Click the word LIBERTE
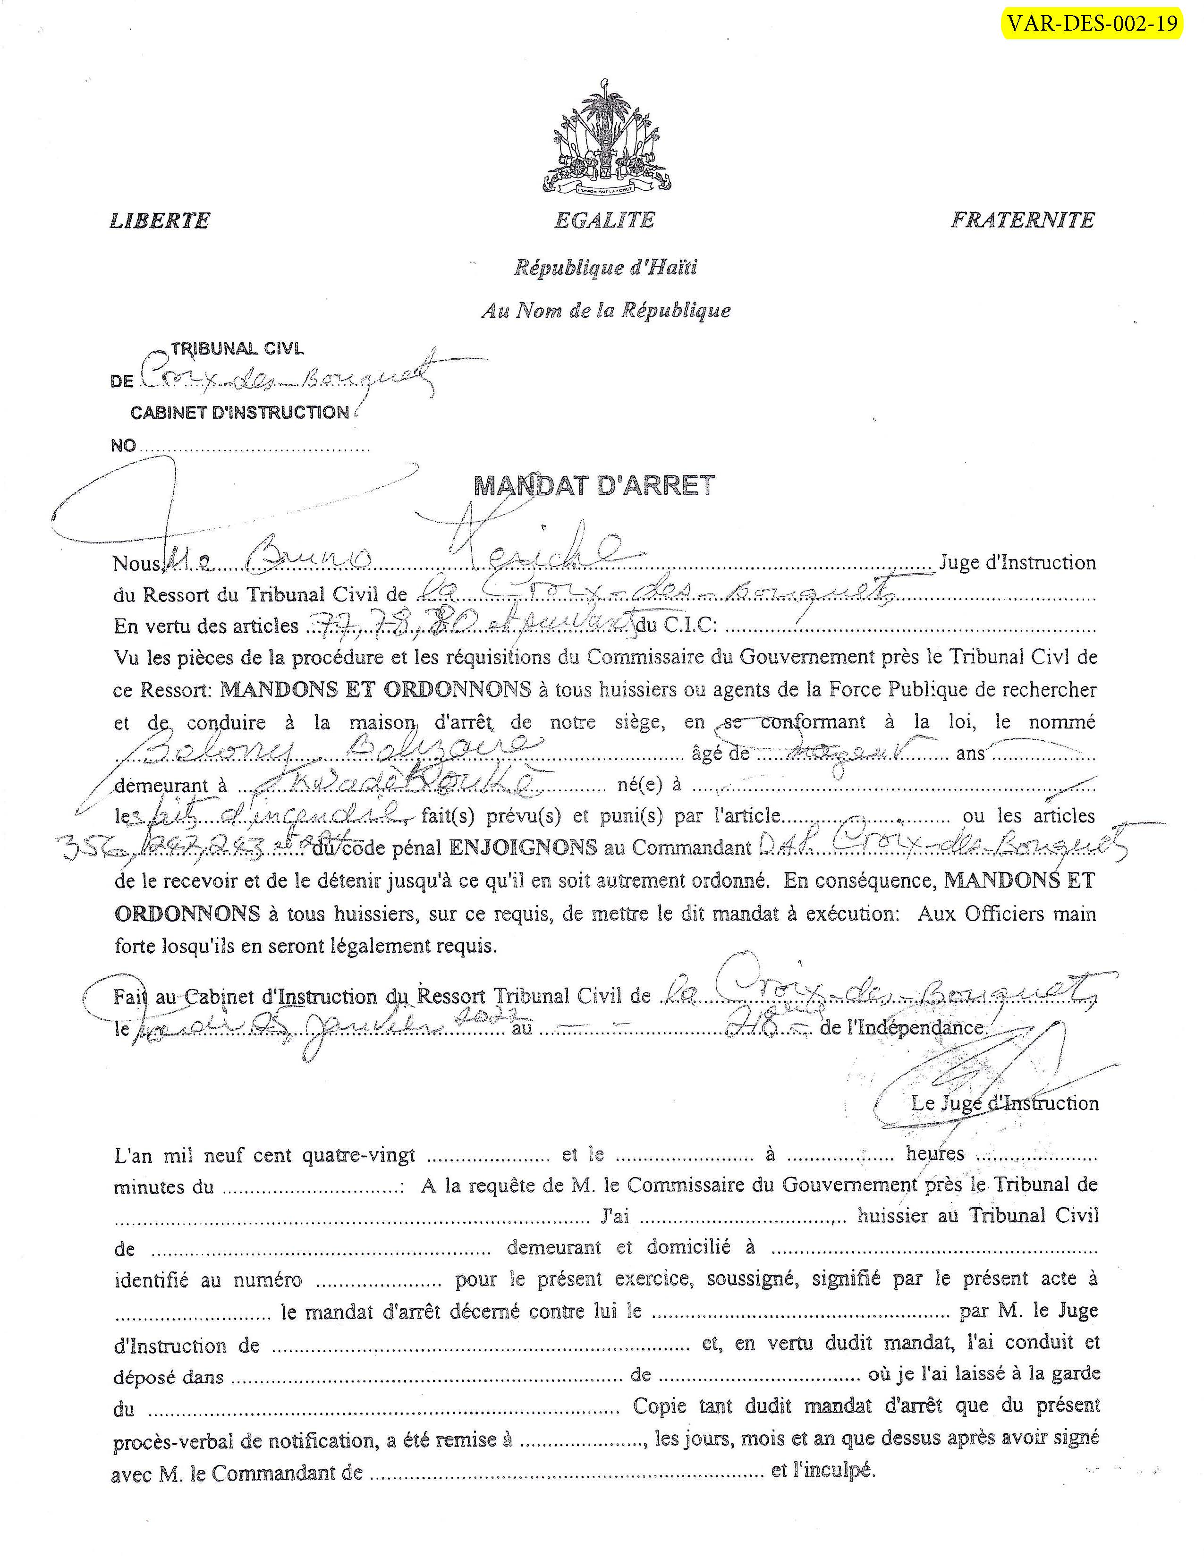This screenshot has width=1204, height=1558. (160, 220)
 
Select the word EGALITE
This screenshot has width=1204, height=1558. (604, 220)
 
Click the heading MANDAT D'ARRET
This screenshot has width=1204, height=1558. (594, 486)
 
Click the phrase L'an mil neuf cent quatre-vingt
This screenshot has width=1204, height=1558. (264, 1154)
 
